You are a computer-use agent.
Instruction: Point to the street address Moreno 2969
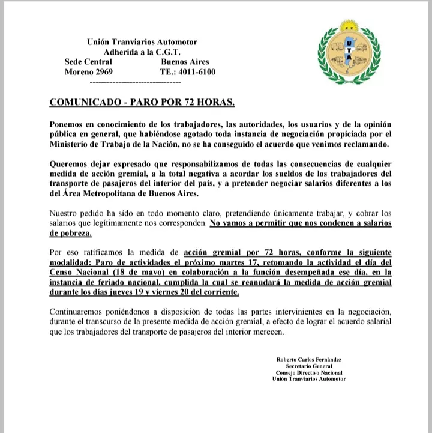pos(88,72)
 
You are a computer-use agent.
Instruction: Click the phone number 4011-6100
pos(197,72)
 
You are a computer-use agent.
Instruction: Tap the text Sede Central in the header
pos(88,62)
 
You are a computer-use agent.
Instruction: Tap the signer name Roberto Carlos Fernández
pos(308,359)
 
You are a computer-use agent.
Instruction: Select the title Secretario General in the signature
pos(309,366)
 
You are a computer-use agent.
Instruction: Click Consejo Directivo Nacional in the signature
pos(309,372)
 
